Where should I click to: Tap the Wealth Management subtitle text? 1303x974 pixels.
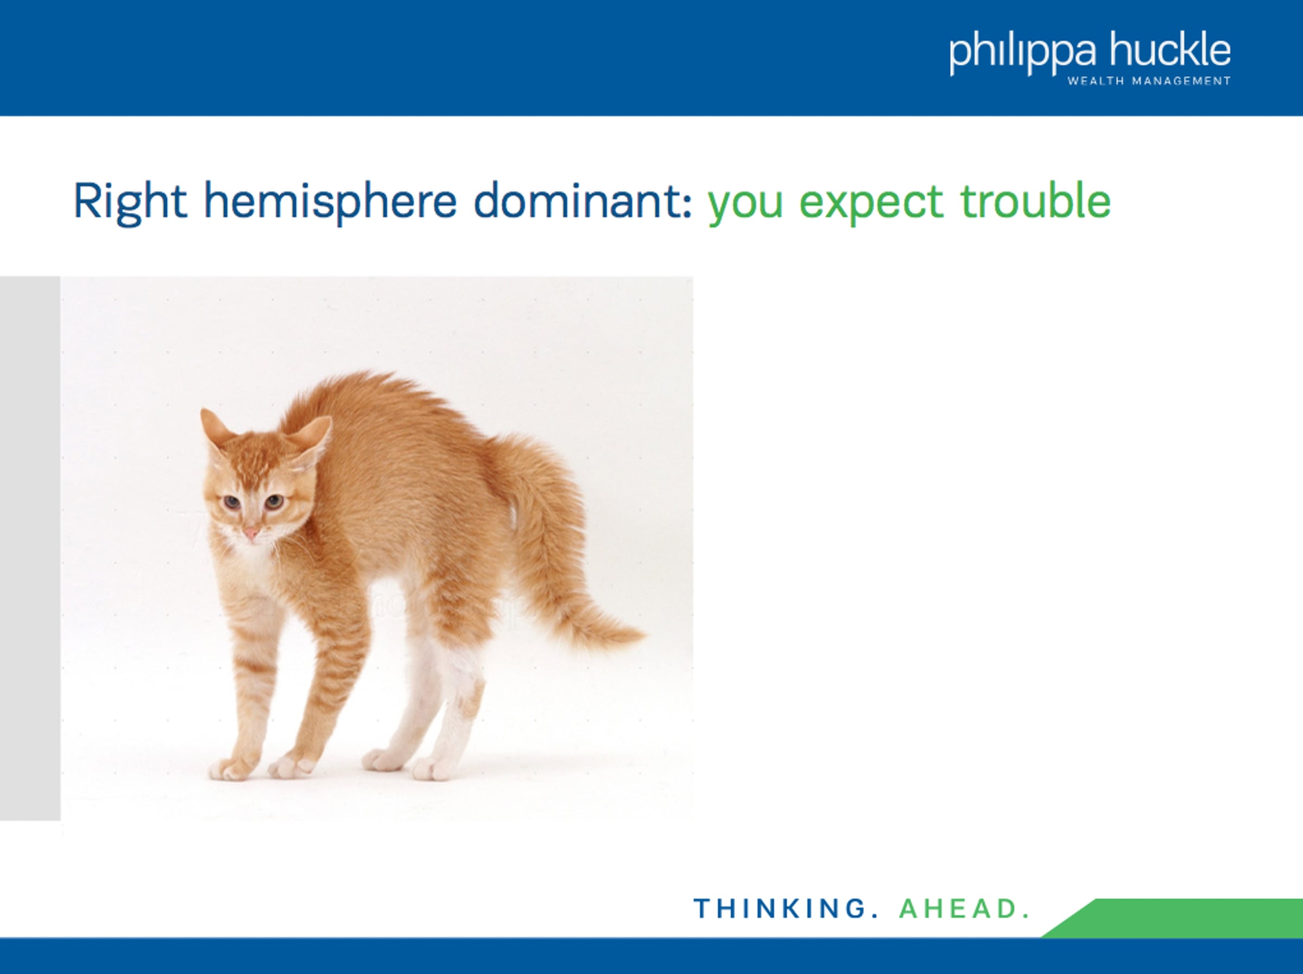tap(1149, 81)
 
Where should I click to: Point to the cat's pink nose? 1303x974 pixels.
tap(251, 533)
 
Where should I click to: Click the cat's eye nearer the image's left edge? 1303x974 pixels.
tap(230, 502)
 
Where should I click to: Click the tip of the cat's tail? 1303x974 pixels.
tap(645, 635)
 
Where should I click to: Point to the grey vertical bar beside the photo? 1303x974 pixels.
tap(30, 548)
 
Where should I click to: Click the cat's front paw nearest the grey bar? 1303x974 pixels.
tap(231, 768)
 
